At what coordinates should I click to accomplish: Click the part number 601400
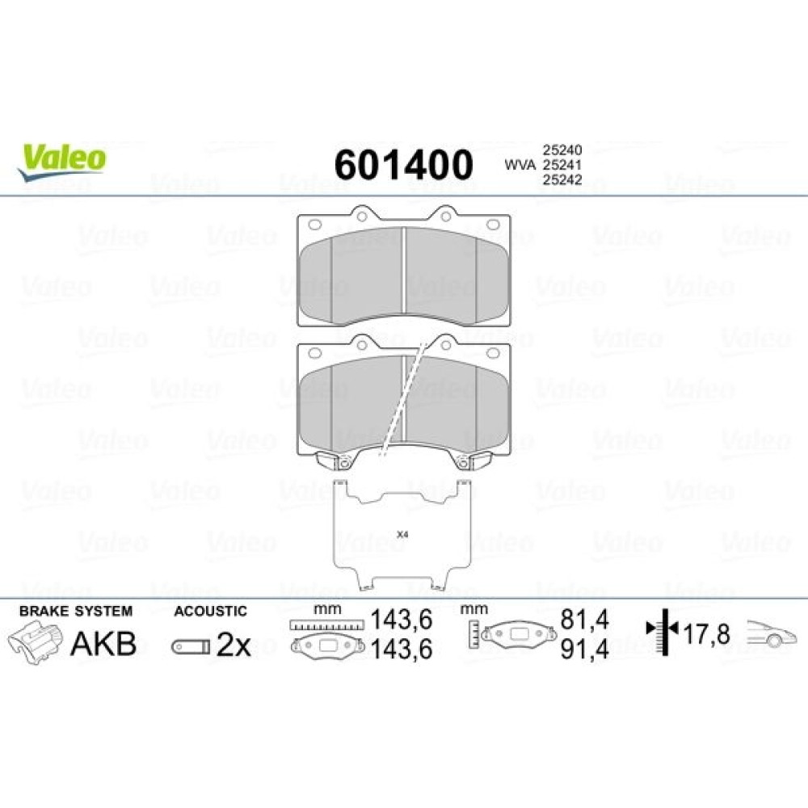click(403, 165)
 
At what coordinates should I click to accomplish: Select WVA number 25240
click(562, 150)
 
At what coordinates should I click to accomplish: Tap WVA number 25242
click(562, 179)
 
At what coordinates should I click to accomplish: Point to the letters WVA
click(520, 165)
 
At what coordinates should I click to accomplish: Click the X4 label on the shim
click(402, 535)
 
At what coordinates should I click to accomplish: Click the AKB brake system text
click(103, 644)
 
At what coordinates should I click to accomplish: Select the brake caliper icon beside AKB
click(36, 642)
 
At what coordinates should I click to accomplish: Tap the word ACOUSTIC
click(210, 611)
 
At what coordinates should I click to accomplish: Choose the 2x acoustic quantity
click(234, 644)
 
